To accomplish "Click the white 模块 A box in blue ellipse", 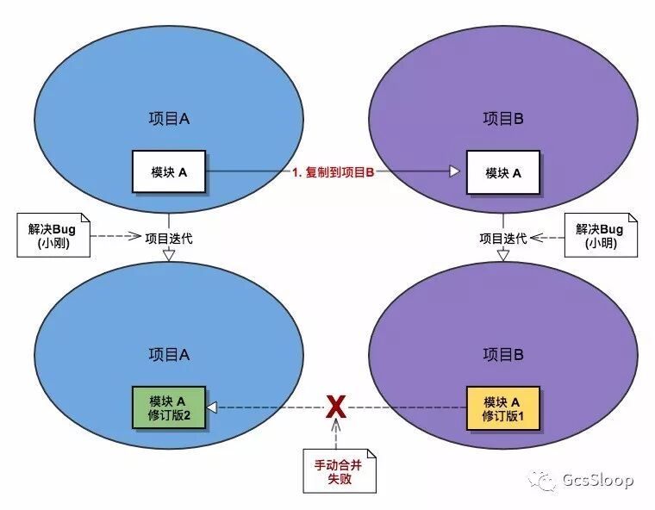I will pyautogui.click(x=168, y=171).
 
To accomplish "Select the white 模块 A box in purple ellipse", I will pyautogui.click(x=503, y=171).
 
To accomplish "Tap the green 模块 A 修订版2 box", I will pyautogui.click(x=168, y=407).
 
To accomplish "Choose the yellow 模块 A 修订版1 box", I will pyautogui.click(x=503, y=407).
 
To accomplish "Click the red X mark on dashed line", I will pyautogui.click(x=336, y=406).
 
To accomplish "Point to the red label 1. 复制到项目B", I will pyautogui.click(x=334, y=172).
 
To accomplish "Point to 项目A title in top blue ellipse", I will pyautogui.click(x=168, y=119).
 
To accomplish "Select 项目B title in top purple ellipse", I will pyautogui.click(x=503, y=119).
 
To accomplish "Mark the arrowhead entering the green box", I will pyautogui.click(x=210, y=407).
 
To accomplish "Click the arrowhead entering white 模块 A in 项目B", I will pyautogui.click(x=454, y=171).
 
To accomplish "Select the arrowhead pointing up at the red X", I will pyautogui.click(x=336, y=425).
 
